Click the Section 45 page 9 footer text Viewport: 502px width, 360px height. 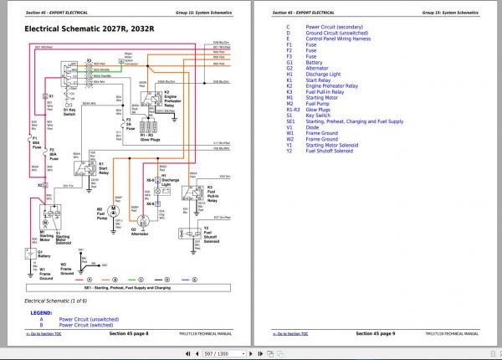tap(376, 333)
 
